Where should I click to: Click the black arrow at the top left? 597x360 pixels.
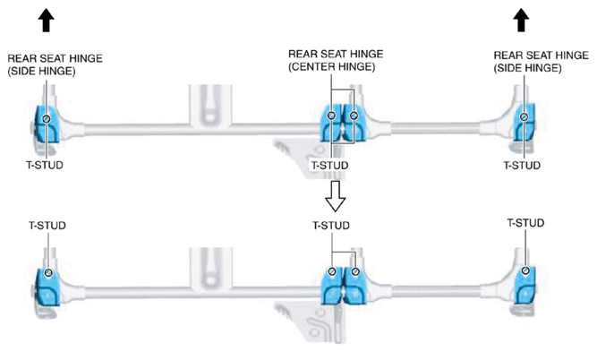pyautogui.click(x=46, y=21)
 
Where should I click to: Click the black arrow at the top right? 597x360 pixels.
pyautogui.click(x=521, y=21)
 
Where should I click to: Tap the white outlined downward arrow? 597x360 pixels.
pyautogui.click(x=335, y=196)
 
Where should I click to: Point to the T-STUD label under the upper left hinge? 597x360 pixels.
pyautogui.click(x=45, y=165)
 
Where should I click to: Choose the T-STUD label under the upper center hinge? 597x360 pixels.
pyautogui.click(x=329, y=166)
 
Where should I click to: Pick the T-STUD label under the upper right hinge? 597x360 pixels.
pyautogui.click(x=522, y=166)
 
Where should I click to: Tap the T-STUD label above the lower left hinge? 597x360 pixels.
pyautogui.click(x=47, y=225)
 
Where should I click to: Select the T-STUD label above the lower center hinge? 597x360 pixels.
pyautogui.click(x=331, y=226)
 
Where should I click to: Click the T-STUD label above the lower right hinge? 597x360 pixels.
pyautogui.click(x=525, y=223)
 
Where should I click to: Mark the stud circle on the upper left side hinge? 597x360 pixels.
pyautogui.click(x=47, y=119)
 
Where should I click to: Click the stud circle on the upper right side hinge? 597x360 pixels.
pyautogui.click(x=525, y=116)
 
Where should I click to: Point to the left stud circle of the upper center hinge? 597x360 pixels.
pyautogui.click(x=332, y=115)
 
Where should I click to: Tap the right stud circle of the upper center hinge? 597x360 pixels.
pyautogui.click(x=354, y=115)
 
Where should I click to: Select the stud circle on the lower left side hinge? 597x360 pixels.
pyautogui.click(x=48, y=273)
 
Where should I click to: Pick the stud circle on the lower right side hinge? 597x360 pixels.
pyautogui.click(x=525, y=270)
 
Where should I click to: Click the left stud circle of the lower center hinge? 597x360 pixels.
pyautogui.click(x=332, y=271)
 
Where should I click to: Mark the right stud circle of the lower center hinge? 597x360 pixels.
pyautogui.click(x=355, y=271)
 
